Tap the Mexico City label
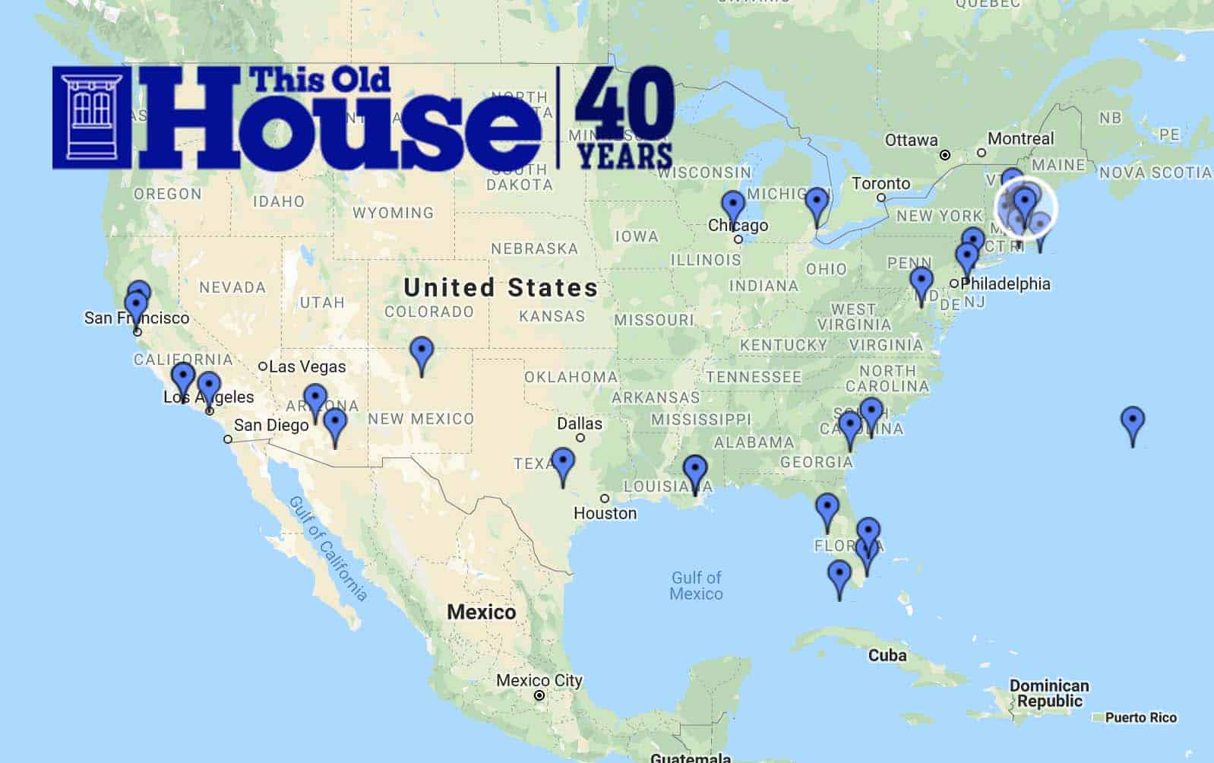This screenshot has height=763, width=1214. pyautogui.click(x=539, y=680)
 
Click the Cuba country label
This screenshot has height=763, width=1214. pyautogui.click(x=887, y=655)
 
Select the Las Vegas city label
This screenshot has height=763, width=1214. pyautogui.click(x=307, y=366)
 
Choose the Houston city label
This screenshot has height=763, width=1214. pyautogui.click(x=605, y=513)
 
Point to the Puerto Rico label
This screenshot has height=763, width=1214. pyautogui.click(x=1140, y=717)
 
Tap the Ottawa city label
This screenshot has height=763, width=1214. pyautogui.click(x=911, y=141)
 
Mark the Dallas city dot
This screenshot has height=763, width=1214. pyautogui.click(x=580, y=438)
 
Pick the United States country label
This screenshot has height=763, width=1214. pyautogui.click(x=501, y=288)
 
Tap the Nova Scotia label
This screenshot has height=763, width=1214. pyautogui.click(x=1155, y=173)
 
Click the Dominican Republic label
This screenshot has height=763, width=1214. pyautogui.click(x=1049, y=693)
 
